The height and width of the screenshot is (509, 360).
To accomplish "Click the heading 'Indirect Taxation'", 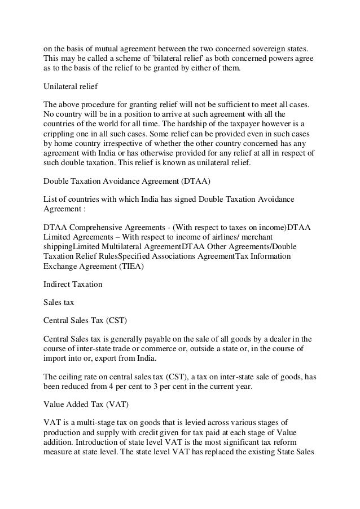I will (73, 284).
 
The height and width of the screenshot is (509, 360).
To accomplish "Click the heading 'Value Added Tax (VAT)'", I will (82, 405).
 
